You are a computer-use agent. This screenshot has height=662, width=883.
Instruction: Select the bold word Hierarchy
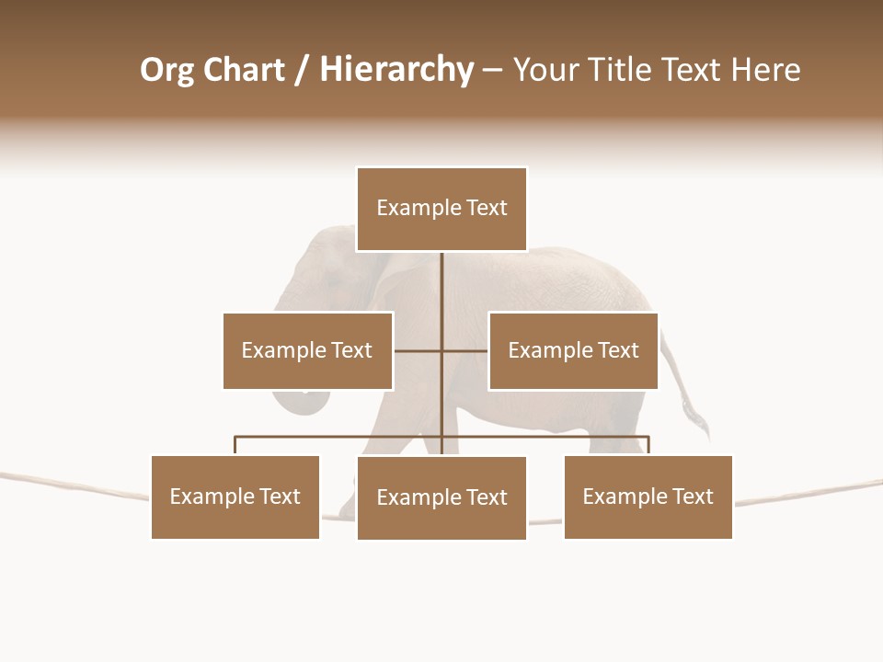(x=396, y=70)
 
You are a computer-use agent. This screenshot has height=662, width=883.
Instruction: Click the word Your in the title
(x=544, y=70)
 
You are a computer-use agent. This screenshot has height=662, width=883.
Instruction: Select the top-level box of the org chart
(x=441, y=209)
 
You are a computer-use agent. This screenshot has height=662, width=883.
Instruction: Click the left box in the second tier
(x=307, y=350)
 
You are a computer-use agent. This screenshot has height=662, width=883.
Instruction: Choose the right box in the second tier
(x=573, y=350)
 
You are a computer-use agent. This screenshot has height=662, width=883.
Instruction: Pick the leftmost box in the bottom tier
(x=235, y=496)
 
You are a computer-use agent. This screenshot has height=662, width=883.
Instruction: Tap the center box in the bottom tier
(x=441, y=497)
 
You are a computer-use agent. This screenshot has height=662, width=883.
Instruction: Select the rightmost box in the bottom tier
(x=648, y=496)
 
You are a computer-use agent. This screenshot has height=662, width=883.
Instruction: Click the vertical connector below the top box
(x=441, y=294)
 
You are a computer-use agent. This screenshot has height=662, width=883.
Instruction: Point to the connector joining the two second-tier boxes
(x=441, y=350)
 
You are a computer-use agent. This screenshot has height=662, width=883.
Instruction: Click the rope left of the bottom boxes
(x=74, y=485)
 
